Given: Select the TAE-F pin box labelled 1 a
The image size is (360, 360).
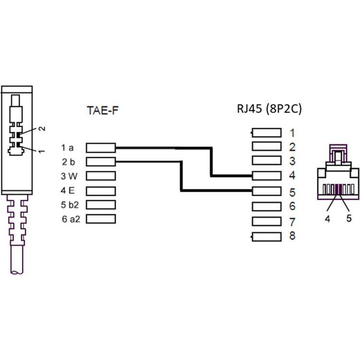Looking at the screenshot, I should [101, 147].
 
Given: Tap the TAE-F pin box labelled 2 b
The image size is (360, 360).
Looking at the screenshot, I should [101, 161].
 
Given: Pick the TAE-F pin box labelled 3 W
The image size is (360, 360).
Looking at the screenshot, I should [101, 176].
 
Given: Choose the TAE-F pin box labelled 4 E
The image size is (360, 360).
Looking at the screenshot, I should [101, 190].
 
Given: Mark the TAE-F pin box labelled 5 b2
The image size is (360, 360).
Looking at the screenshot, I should [101, 204].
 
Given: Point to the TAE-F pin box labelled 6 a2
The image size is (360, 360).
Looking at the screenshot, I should [101, 219].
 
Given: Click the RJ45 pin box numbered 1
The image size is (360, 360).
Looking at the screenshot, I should [266, 132].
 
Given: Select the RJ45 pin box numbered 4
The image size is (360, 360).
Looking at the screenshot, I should [266, 176].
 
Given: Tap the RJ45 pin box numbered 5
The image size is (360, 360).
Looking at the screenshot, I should [266, 192].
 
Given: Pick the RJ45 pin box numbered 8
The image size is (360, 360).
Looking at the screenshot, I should [266, 236].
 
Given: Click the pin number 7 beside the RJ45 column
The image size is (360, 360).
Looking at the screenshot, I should [292, 222].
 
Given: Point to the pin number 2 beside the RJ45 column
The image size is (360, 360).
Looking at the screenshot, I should [292, 147].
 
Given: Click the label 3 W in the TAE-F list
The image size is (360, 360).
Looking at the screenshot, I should [69, 176].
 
